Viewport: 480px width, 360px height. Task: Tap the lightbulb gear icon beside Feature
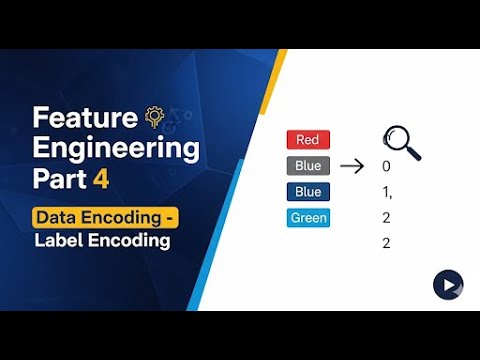pyautogui.click(x=155, y=117)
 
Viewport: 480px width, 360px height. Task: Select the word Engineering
pyautogui.click(x=116, y=150)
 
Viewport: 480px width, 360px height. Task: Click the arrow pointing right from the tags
pyautogui.click(x=351, y=166)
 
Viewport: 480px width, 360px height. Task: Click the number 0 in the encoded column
pyautogui.click(x=386, y=167)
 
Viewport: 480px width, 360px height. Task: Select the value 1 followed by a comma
pyautogui.click(x=387, y=192)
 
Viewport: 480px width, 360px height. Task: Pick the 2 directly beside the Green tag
pyautogui.click(x=386, y=218)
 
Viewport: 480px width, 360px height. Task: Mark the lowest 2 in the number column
pyautogui.click(x=386, y=244)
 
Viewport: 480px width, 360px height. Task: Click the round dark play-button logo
pyautogui.click(x=447, y=284)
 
